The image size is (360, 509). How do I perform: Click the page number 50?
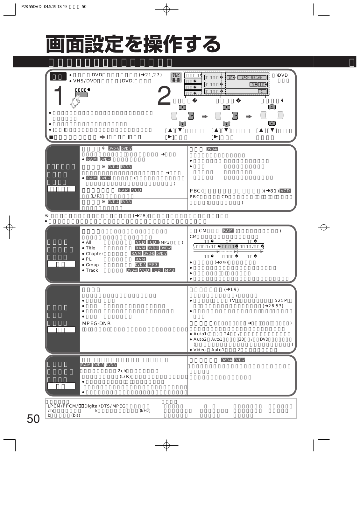pos(33,419)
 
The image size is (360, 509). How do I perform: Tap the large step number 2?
pos(164,96)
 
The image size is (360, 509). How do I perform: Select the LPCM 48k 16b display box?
pos(252,78)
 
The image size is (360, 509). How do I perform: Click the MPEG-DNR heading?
pos(96,324)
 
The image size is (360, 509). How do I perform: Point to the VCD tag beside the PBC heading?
pos(285,191)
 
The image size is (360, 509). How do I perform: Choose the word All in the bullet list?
pos(88,242)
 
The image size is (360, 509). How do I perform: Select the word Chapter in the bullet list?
pos(95,254)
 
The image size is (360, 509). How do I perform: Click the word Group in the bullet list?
pos(92,265)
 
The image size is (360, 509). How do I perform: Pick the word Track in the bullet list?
pos(92,270)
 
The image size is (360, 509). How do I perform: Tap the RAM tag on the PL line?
pos(140,259)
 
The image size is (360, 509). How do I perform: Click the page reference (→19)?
pos(232,289)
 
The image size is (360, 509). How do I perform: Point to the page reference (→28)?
pos(140,216)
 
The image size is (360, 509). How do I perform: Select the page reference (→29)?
pos(222,262)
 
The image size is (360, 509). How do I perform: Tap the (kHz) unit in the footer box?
pos(145,411)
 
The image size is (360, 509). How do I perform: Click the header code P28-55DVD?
pos(32,7)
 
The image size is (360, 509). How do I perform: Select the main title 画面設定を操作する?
pos(133,44)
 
